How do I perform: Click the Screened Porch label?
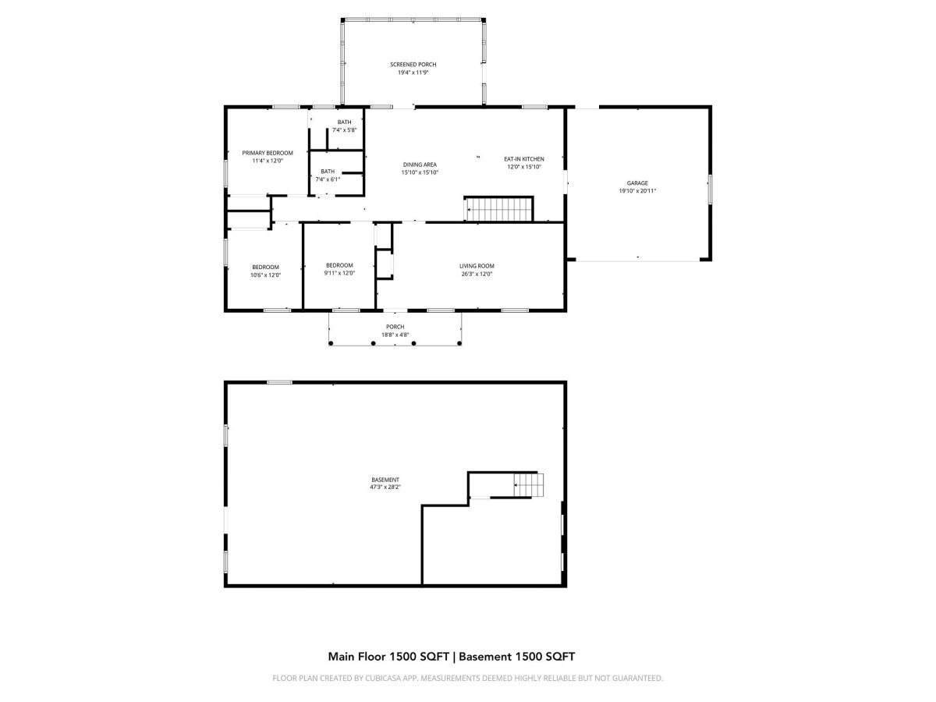click(x=413, y=65)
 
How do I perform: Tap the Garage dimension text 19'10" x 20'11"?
click(x=637, y=191)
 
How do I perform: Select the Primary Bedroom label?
click(x=268, y=153)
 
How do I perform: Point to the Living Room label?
click(x=477, y=266)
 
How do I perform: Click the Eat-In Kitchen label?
click(x=524, y=159)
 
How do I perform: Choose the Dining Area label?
click(x=420, y=165)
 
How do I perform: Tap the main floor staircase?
click(x=499, y=209)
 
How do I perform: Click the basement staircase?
click(x=529, y=485)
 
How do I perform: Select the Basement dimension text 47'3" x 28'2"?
click(x=385, y=487)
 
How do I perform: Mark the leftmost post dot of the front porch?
click(x=331, y=343)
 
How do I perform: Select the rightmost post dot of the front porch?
click(x=459, y=343)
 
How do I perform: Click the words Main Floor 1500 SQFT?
click(x=388, y=657)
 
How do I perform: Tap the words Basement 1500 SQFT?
click(x=516, y=657)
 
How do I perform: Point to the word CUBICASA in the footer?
click(x=382, y=678)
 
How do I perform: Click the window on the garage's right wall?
click(x=710, y=187)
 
